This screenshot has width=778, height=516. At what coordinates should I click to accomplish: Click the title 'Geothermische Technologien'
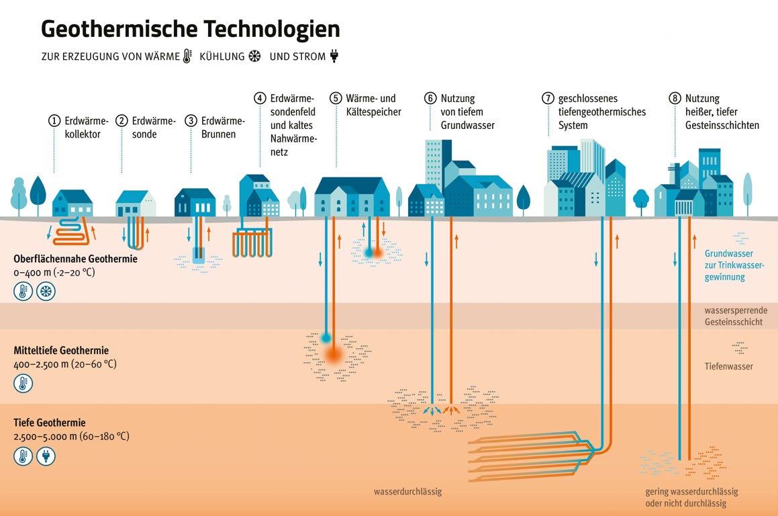pos(191,29)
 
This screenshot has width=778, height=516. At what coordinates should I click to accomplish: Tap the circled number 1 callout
pos(54,121)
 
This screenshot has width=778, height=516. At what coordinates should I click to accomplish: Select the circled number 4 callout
pos(260,98)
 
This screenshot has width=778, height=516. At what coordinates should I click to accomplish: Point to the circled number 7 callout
pos(548,98)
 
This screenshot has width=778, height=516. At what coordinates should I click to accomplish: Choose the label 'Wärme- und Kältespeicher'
pos(375,105)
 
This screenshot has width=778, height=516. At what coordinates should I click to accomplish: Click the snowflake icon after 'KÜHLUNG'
pos(254,56)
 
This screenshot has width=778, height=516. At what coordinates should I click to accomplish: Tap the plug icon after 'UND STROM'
pos(334,56)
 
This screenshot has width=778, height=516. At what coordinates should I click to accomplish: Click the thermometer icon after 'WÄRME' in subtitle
pos(187,56)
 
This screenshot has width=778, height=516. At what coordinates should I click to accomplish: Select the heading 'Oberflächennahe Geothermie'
pos(75,259)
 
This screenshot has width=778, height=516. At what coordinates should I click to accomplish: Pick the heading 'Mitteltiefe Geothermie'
pos(61,351)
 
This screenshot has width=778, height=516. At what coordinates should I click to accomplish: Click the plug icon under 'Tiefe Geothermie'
pos(46,457)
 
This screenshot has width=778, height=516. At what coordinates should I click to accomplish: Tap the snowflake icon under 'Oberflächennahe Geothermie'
pos(46,292)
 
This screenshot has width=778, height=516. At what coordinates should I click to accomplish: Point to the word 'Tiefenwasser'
pos(728,366)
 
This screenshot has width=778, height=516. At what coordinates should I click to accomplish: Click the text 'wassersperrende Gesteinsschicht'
pos(733,316)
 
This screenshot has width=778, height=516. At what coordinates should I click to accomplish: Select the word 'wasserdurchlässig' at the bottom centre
pos(408,492)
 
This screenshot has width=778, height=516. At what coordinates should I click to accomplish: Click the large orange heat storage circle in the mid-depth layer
pos(334,354)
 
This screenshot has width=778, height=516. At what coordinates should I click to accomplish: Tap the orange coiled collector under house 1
pos(76,232)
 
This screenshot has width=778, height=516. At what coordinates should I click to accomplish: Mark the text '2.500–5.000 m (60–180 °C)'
pos(71,436)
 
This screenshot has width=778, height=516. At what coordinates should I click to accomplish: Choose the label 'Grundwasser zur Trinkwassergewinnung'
pos(728,265)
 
